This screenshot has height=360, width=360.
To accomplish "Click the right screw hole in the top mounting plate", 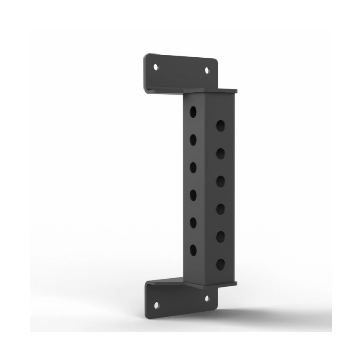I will tap(208, 70).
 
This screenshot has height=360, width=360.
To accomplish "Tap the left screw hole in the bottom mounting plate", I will tap(157, 305).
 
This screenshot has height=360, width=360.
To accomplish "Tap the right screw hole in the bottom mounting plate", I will tap(207, 298).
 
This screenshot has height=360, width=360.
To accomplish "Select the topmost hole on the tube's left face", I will tap(193, 112).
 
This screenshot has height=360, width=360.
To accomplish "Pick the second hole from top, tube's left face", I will tap(193, 139).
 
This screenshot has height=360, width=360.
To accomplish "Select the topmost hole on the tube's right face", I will tap(220, 125).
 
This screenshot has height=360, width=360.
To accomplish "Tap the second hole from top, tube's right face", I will tap(220, 153).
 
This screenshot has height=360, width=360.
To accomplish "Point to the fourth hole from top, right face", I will tap(220, 209).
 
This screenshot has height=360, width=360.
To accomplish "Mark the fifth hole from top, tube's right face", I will tap(220, 237).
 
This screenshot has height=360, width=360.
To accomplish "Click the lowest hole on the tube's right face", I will tap(220, 265).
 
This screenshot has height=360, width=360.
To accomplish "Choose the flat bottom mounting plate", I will tap(180, 298).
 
